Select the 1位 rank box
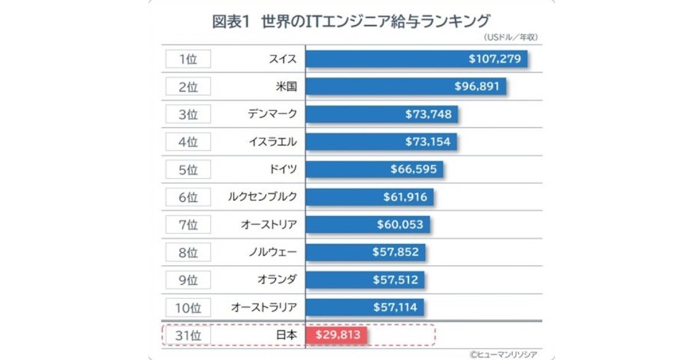coord(188,59)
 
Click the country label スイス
coord(283,59)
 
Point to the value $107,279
coord(494,59)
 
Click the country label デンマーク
coord(272,114)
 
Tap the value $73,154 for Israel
coord(428,142)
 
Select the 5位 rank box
coord(188,169)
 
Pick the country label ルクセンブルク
coord(262,197)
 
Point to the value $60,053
coord(400,224)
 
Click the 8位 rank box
coord(188,252)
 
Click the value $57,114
coord(396,307)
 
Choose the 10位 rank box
coord(188,307)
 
